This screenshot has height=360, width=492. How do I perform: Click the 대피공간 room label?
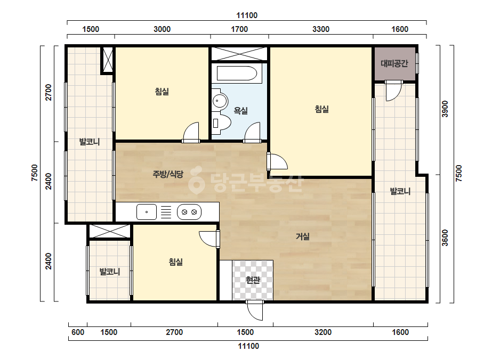394,64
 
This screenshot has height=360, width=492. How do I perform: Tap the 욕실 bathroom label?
241,111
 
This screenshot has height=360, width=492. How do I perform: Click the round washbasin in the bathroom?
219,101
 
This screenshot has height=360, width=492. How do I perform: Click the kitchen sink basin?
147,212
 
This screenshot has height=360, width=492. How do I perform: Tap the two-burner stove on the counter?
189,212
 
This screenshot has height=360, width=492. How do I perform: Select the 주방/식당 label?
168,174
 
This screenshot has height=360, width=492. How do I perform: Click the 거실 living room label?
303,236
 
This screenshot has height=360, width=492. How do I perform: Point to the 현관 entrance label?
253,280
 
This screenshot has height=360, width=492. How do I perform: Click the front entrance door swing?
255,311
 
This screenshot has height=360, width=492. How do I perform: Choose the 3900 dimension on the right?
445,109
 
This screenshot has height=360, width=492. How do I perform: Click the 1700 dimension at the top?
239,29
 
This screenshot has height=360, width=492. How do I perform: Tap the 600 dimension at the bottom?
77,332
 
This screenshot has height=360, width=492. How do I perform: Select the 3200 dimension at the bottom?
323,332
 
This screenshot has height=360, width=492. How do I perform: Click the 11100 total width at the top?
247,15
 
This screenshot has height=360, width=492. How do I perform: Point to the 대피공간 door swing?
394,92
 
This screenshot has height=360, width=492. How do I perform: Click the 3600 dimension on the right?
445,238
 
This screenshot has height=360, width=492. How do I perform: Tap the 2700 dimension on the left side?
49,93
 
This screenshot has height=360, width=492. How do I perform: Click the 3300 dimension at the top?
321,29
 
